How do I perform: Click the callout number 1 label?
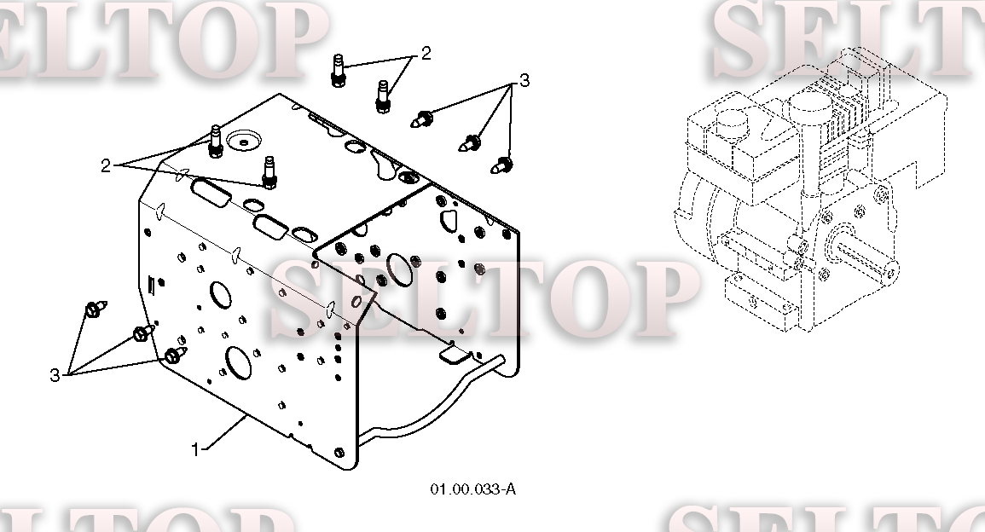[x=194, y=449]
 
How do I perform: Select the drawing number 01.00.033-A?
[x=473, y=489]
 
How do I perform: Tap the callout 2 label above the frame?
[x=426, y=54]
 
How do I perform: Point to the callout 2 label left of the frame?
[x=106, y=165]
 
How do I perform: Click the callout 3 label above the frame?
[x=524, y=80]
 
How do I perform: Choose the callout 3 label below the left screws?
[x=55, y=376]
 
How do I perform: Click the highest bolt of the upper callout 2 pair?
[x=338, y=71]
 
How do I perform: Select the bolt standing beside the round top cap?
[x=216, y=142]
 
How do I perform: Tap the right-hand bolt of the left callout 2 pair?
[x=269, y=173]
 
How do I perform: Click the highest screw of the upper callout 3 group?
[x=422, y=119]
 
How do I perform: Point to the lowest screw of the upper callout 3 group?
[x=501, y=165]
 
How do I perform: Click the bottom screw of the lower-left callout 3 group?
[x=176, y=356]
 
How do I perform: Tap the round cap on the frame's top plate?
[x=244, y=140]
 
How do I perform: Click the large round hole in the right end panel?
[x=399, y=269]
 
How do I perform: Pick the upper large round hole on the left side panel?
[x=221, y=295]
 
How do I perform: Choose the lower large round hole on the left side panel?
[x=239, y=362]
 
